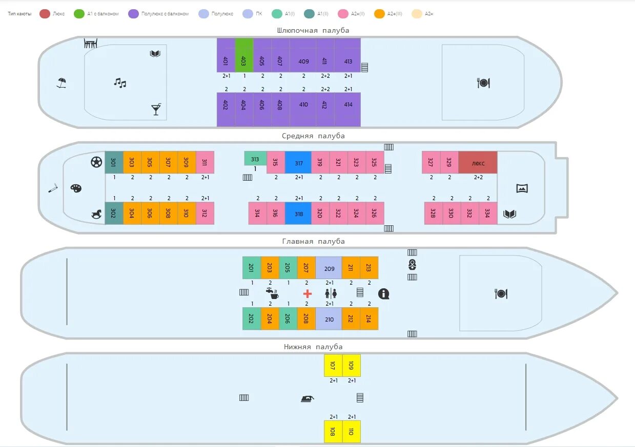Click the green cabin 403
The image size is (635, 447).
coord(244,55)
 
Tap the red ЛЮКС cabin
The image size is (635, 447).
coord(478,162)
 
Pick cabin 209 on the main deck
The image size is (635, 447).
coord(329,268)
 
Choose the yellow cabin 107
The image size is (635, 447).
coord(333,366)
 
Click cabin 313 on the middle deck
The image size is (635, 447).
coord(255,159)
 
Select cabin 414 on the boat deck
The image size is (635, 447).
coord(348,109)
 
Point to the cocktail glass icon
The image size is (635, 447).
coord(156,109)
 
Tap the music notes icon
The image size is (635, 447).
coord(120,82)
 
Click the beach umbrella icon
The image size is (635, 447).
coord(62,82)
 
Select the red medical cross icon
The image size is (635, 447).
coord(308,293)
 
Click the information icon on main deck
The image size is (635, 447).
coord(384,294)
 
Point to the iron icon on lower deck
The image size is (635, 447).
coord(307,398)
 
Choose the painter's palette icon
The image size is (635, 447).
coord(76,188)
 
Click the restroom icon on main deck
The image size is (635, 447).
coord(331,293)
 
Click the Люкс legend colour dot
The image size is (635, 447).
coord(45,14)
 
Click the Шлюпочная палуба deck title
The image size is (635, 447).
coord(313,30)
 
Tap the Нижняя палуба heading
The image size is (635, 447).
coord(313,347)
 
